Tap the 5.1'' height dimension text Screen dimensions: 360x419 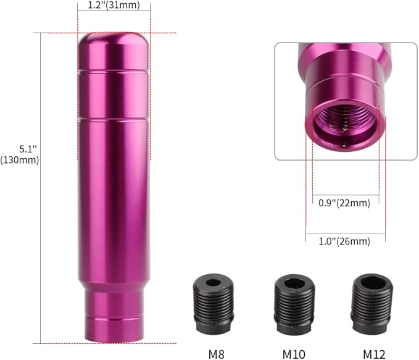click(22, 149)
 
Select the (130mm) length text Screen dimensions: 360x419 click(22, 160)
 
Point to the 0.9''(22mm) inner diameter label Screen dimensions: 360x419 click(344, 203)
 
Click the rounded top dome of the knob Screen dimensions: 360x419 click(114, 43)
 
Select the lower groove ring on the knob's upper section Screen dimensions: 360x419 click(114, 118)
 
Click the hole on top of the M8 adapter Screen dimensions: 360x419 click(213, 283)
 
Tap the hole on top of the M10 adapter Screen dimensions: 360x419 click(294, 283)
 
